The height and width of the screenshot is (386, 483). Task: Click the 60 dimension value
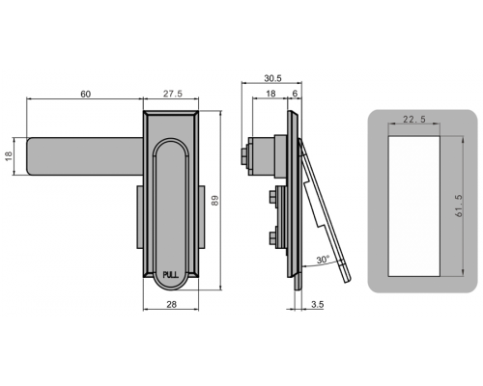point(86,94)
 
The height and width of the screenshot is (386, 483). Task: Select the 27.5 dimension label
point(173,94)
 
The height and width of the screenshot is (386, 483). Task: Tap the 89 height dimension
point(215,201)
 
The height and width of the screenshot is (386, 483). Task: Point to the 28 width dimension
point(172,304)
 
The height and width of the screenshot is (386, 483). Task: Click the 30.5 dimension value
point(272,78)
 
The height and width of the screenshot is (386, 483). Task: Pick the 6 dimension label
point(295,94)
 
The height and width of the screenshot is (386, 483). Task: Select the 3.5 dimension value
point(318,304)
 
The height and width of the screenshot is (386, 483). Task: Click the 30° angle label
point(323,260)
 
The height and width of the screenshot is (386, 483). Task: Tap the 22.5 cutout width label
point(414,120)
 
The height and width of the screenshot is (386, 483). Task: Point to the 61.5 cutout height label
point(459,206)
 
